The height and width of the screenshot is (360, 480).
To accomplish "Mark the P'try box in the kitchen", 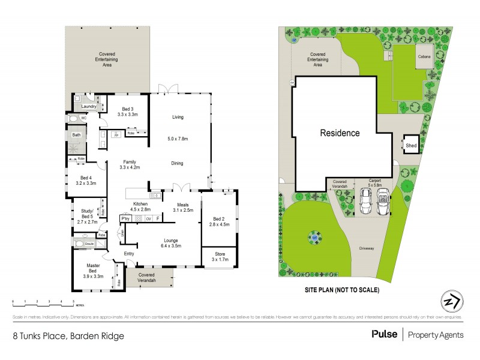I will (x=126, y=218).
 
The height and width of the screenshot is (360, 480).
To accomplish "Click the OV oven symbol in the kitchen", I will (x=148, y=218).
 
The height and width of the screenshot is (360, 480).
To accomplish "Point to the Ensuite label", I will (x=89, y=244).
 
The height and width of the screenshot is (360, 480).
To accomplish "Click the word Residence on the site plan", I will (x=340, y=133).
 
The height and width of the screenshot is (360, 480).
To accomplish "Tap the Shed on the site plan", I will (x=411, y=145).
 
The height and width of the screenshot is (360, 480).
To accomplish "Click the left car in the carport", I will (x=364, y=202).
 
